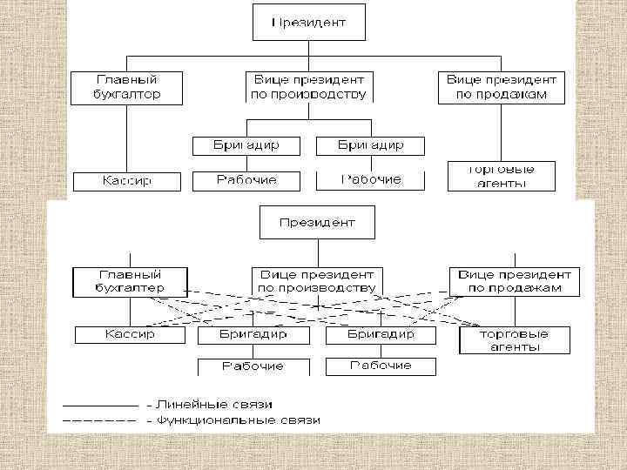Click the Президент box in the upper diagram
coord(308,23)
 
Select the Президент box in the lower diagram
coord(317,223)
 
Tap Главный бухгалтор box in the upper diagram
coord(127,86)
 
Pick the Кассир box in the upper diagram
coord(127,181)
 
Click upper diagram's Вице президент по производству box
coord(308,86)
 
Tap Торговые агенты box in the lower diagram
coord(515,339)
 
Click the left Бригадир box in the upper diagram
coord(246,144)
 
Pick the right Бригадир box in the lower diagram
coord(381,334)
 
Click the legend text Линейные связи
coord(209,405)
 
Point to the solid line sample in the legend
coord(98,406)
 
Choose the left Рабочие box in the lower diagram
coord(253,366)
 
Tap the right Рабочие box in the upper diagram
coord(371,180)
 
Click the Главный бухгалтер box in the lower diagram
coord(130,279)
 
